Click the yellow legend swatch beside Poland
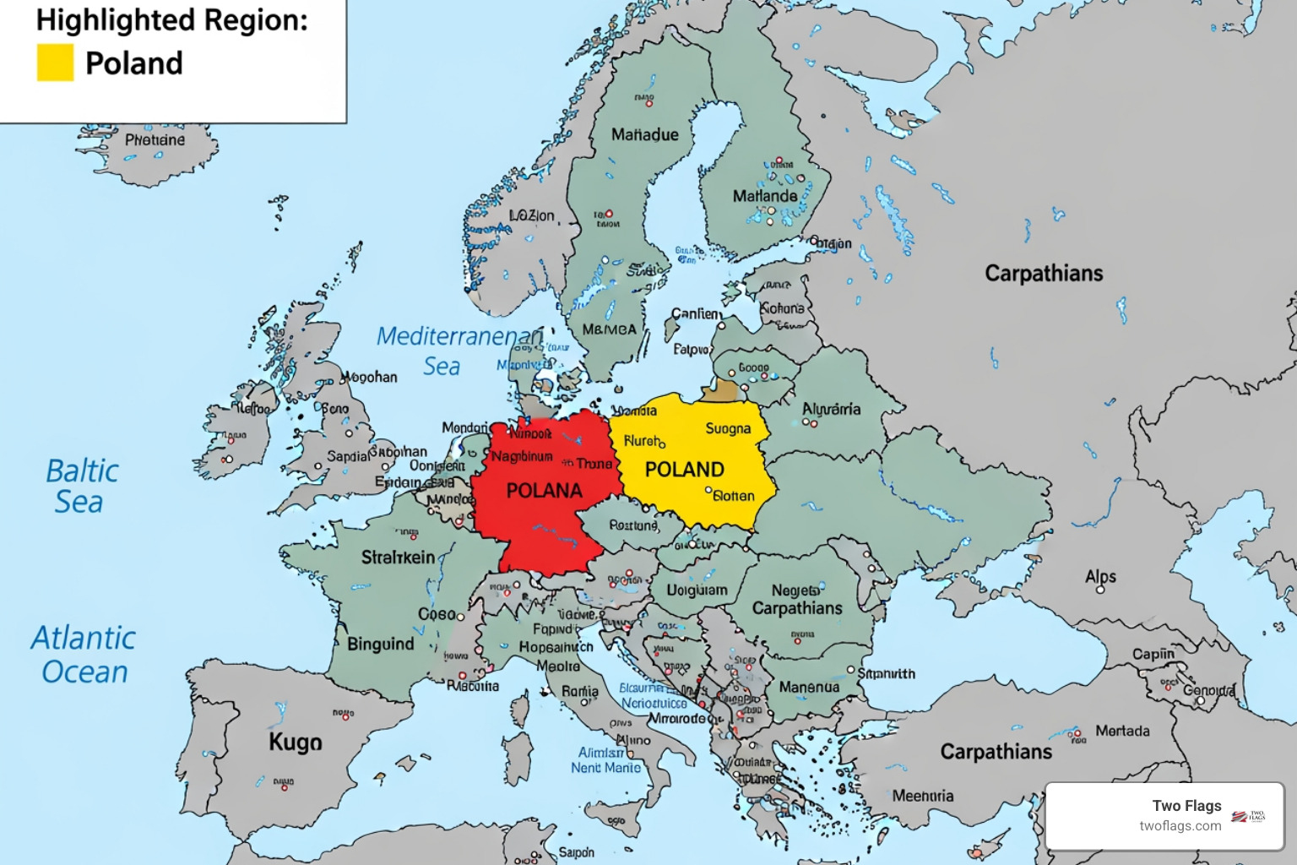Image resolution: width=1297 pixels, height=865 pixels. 56,63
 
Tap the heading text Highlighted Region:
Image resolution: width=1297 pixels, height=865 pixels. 172,19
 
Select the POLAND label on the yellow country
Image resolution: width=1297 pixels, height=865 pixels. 684,470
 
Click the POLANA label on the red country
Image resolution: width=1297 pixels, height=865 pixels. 544,491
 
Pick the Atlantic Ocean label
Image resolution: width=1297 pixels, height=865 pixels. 84,655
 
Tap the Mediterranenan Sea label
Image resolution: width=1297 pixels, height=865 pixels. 456,351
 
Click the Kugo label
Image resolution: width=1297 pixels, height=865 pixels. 296,743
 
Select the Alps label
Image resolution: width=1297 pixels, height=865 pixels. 1100,577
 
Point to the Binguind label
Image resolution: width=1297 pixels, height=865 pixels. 381,645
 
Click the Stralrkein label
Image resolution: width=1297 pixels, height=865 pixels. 398,558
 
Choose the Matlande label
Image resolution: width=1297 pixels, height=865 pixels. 764,196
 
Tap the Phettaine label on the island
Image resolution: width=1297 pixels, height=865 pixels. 155,140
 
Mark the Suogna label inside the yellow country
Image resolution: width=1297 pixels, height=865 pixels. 728,429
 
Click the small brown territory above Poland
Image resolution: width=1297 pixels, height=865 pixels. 719,391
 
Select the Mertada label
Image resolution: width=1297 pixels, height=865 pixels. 1122,731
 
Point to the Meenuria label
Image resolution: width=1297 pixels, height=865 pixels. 923,796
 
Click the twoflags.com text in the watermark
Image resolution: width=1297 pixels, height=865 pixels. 1180,826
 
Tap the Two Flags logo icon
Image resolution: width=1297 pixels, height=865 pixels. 1248,816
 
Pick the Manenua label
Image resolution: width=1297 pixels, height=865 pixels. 809,688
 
